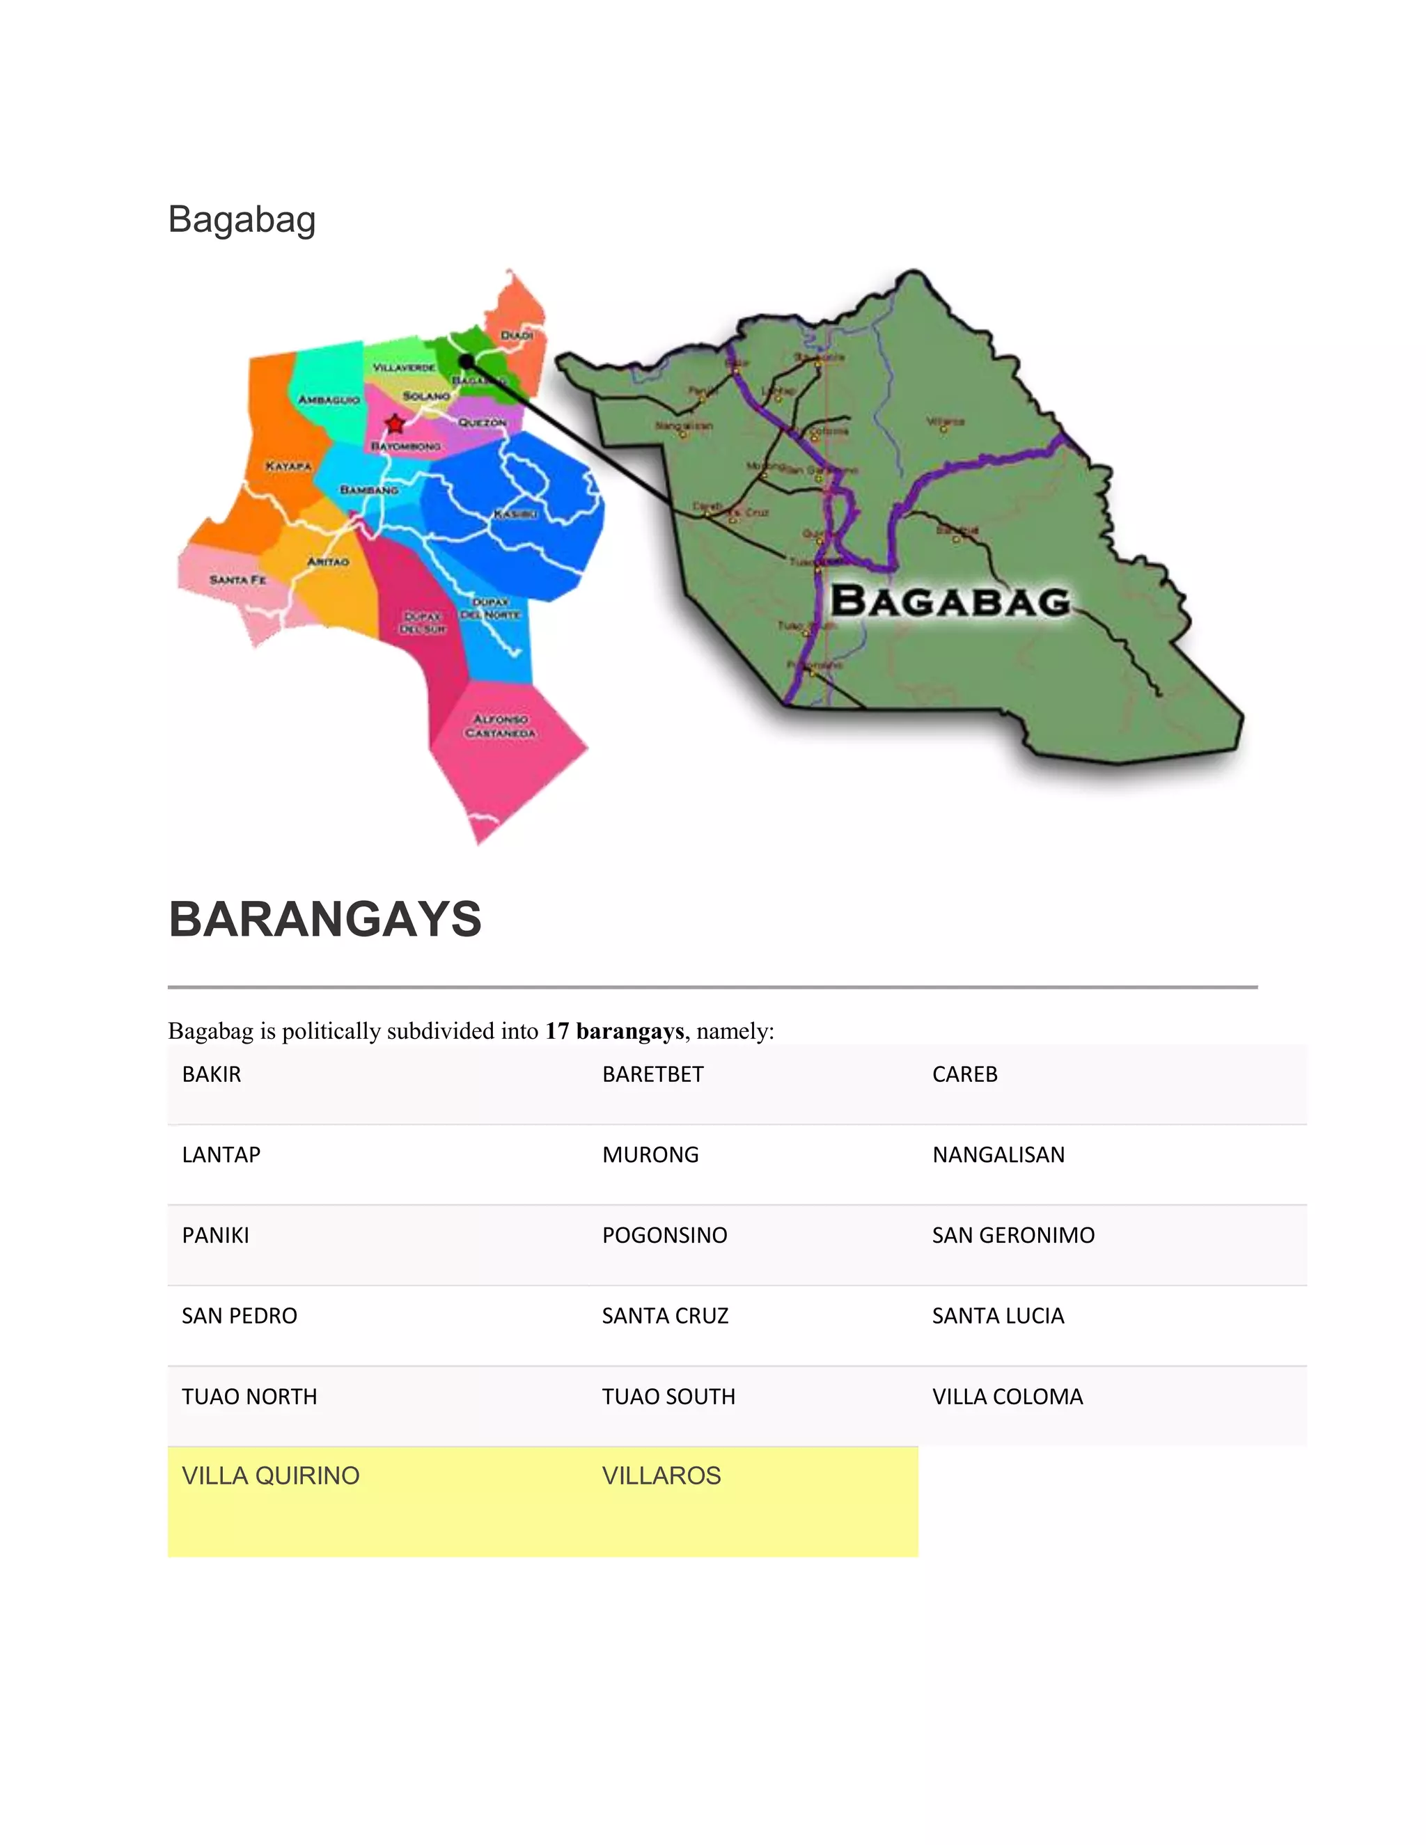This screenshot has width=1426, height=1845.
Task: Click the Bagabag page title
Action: tap(242, 219)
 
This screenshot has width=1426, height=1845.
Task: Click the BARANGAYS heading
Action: tap(324, 919)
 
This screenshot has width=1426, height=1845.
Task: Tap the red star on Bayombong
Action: tap(395, 423)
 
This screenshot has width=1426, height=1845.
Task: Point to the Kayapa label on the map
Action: tap(288, 466)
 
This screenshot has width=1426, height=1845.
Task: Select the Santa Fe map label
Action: tap(237, 579)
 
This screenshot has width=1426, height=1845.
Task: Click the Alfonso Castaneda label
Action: tap(500, 726)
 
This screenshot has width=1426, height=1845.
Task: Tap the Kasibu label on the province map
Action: tap(515, 514)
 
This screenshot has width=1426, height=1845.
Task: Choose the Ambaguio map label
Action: tap(329, 400)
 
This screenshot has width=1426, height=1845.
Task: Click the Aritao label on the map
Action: tap(328, 562)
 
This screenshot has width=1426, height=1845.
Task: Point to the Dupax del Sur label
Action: tap(423, 623)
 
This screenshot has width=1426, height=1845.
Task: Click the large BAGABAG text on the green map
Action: tap(950, 602)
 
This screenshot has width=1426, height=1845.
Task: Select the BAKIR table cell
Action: tap(211, 1074)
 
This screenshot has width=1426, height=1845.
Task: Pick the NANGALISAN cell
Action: tap(998, 1155)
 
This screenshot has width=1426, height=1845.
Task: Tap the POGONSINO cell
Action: tap(664, 1235)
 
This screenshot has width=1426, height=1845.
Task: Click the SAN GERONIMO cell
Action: tap(1013, 1235)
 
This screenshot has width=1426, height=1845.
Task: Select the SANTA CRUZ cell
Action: tap(665, 1315)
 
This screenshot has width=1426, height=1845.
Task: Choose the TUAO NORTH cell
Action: tap(249, 1397)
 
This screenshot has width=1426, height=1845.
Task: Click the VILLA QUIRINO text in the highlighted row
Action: tap(270, 1476)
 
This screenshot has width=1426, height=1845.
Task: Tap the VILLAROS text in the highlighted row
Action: tap(661, 1476)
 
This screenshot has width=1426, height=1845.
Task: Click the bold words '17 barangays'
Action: tap(614, 1032)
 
